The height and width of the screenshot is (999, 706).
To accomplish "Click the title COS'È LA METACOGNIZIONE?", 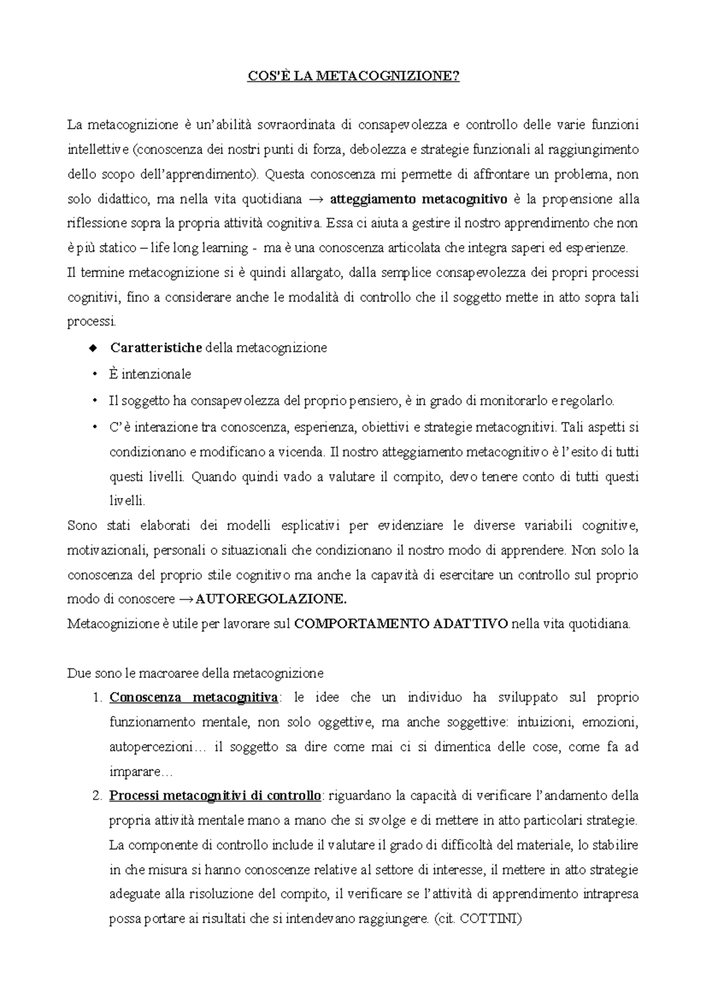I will coord(352,77).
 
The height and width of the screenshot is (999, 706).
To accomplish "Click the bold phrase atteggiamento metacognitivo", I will coord(418,199).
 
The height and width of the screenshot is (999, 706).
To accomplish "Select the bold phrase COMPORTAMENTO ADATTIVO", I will coord(400,624).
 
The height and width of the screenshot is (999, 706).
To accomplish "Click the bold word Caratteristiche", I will coord(156,348).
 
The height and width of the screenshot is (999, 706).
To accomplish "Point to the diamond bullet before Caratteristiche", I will coord(92,348).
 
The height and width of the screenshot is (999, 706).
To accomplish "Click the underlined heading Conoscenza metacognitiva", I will coord(194,698).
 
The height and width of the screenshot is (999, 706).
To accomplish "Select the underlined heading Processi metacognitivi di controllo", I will coord(215,796).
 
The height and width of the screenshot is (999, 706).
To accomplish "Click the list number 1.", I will coord(97,698).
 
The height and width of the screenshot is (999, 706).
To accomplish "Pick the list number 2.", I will coord(97,796).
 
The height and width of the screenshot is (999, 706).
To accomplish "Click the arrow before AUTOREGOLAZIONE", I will coord(186,600).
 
